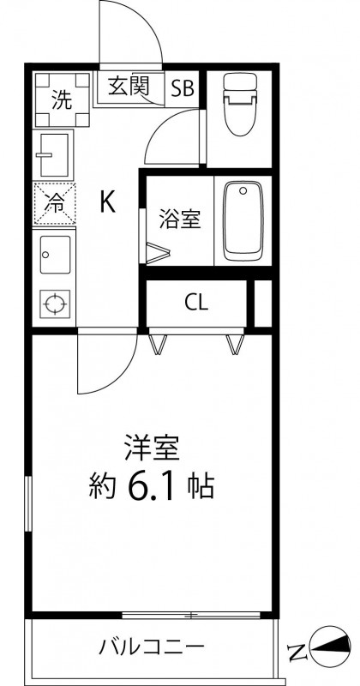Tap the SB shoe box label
[183, 87]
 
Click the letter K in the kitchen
[108, 202]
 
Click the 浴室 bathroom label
[180, 220]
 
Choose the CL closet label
[195, 302]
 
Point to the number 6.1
[154, 488]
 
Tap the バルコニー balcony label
[151, 646]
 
